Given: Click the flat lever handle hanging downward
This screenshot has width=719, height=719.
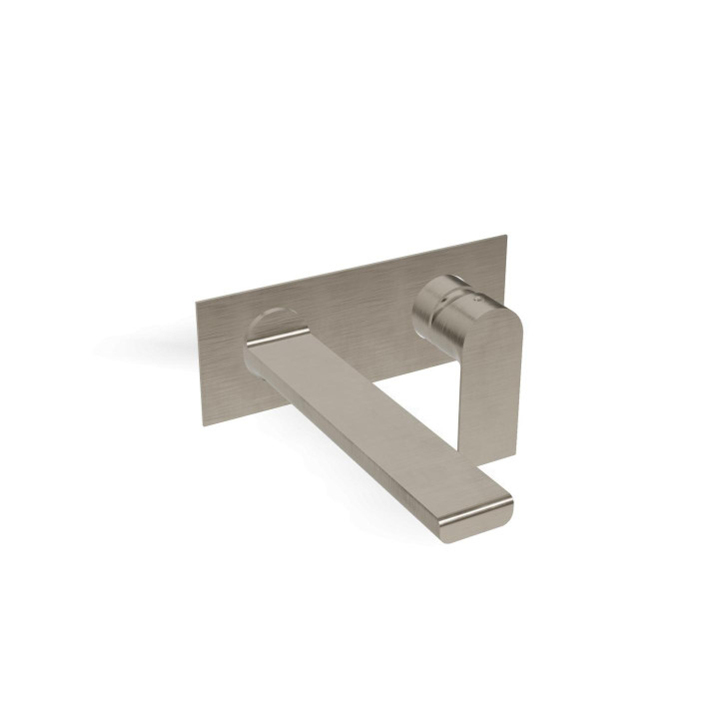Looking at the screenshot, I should (493, 379).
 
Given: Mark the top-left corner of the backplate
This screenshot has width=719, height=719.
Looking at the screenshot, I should (196, 299).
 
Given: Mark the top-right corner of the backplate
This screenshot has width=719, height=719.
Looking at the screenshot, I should (506, 237).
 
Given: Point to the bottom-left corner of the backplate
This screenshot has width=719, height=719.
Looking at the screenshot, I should (205, 425).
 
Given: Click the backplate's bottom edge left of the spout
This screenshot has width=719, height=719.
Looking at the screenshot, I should (230, 416).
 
